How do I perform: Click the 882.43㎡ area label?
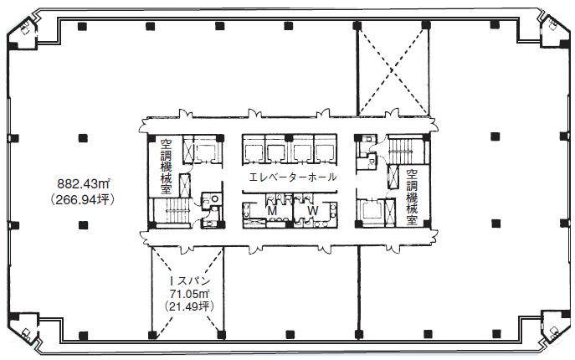tap(84, 183)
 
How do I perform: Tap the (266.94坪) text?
tap(83, 199)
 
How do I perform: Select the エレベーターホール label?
tap(292, 177)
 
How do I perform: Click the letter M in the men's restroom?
tap(272, 211)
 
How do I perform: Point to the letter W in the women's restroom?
tap(312, 211)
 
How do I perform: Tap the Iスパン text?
tap(190, 281)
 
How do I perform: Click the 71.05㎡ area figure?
tap(189, 294)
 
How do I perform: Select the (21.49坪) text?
tap(189, 306)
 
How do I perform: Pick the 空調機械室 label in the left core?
tap(166, 167)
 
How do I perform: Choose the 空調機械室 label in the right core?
tap(412, 197)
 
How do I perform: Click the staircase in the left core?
tap(177, 211)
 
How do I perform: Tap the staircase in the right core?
tap(401, 152)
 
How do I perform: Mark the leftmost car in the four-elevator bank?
tap(253, 152)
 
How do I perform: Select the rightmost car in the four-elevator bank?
tap(325, 152)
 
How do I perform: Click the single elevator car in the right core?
tap(371, 212)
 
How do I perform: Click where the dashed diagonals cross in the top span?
tap(392, 70)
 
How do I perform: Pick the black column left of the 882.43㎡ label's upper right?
tap(83, 138)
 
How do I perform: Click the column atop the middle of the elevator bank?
tap(289, 138)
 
